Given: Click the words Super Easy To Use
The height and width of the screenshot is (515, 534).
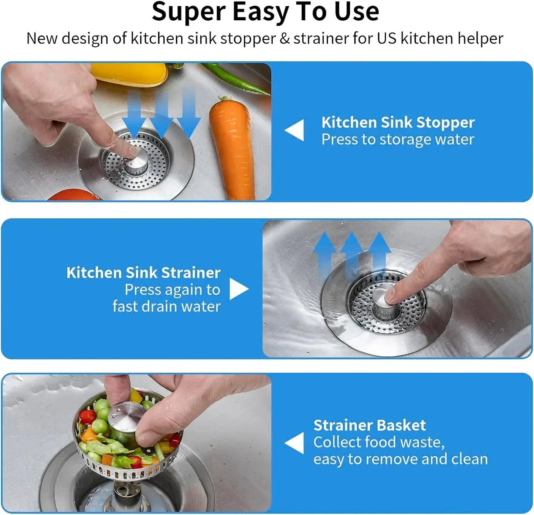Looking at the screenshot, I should [265, 12].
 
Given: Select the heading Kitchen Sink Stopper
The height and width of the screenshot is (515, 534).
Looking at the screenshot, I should [398, 122].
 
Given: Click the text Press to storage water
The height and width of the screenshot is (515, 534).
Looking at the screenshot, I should [398, 140].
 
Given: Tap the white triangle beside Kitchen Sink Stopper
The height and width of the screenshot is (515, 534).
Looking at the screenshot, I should [295, 130].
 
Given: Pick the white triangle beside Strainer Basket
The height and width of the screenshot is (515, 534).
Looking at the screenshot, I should [295, 443].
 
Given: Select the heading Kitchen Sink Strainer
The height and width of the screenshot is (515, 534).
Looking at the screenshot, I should [143, 273].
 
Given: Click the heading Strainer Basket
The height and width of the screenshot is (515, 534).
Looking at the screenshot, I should [370, 425].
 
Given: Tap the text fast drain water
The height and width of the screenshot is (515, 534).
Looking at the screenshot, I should [166, 306].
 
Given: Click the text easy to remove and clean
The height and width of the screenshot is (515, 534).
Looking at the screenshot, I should [401, 459].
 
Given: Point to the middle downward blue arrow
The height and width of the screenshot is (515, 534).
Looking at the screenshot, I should [161, 115].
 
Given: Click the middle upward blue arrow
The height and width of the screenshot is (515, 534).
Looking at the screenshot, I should [351, 251].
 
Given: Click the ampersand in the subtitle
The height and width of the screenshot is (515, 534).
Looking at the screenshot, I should [285, 38].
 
